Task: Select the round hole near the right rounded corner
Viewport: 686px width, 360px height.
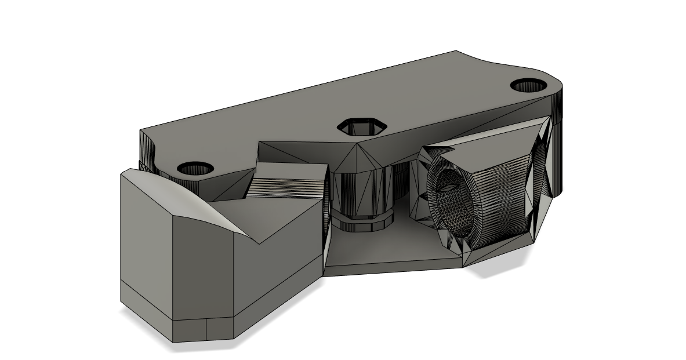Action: click(528, 85)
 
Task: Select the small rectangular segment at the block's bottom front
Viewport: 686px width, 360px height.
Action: click(220, 330)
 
